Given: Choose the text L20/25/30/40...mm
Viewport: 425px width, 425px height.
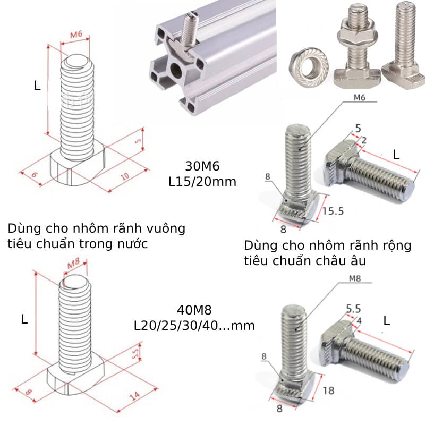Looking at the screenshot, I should (x=194, y=325).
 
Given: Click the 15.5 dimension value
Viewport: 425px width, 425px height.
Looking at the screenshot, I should (x=333, y=211).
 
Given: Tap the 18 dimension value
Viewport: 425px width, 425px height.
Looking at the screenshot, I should (x=328, y=390).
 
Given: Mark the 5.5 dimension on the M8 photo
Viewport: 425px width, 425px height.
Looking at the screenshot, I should (x=353, y=308).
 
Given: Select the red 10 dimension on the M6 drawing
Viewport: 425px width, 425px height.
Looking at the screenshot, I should (x=126, y=175).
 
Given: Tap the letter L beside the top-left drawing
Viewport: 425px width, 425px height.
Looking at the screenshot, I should (x=37, y=85).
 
